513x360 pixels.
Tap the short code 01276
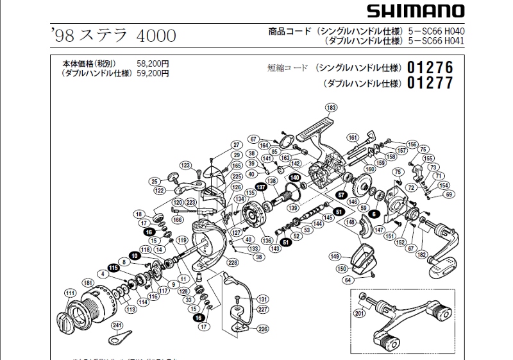point(430,67)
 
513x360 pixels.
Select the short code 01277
point(430,83)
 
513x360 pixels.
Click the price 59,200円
point(153,73)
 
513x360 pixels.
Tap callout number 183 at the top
point(331,107)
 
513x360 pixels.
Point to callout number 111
point(69,293)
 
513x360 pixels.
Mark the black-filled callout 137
point(261,187)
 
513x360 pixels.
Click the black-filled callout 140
point(294,177)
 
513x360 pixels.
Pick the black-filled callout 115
point(114,268)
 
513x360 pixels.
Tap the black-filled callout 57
point(342,194)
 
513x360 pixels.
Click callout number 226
point(262,329)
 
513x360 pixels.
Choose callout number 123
point(186,166)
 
